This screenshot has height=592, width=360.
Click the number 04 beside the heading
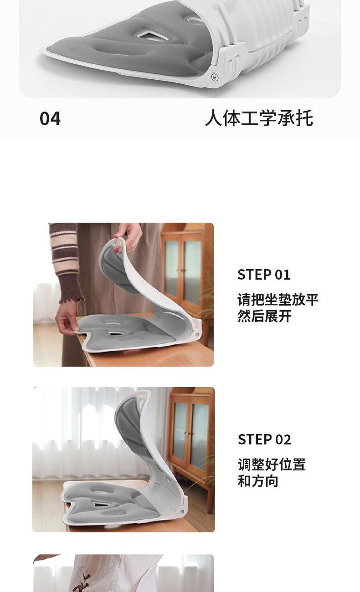pyautogui.click(x=50, y=118)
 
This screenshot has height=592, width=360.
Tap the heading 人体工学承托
pyautogui.click(x=259, y=118)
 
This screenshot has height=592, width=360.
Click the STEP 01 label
pyautogui.click(x=264, y=275)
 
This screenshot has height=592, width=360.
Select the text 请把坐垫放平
pyautogui.click(x=278, y=300)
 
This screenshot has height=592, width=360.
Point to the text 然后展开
pyautogui.click(x=264, y=316)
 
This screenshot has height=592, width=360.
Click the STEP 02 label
pyautogui.click(x=264, y=439)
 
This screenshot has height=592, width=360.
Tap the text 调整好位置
pyautogui.click(x=272, y=464)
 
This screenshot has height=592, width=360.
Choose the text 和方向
pyautogui.click(x=258, y=481)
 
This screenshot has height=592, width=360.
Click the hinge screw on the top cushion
pyautogui.click(x=214, y=77)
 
